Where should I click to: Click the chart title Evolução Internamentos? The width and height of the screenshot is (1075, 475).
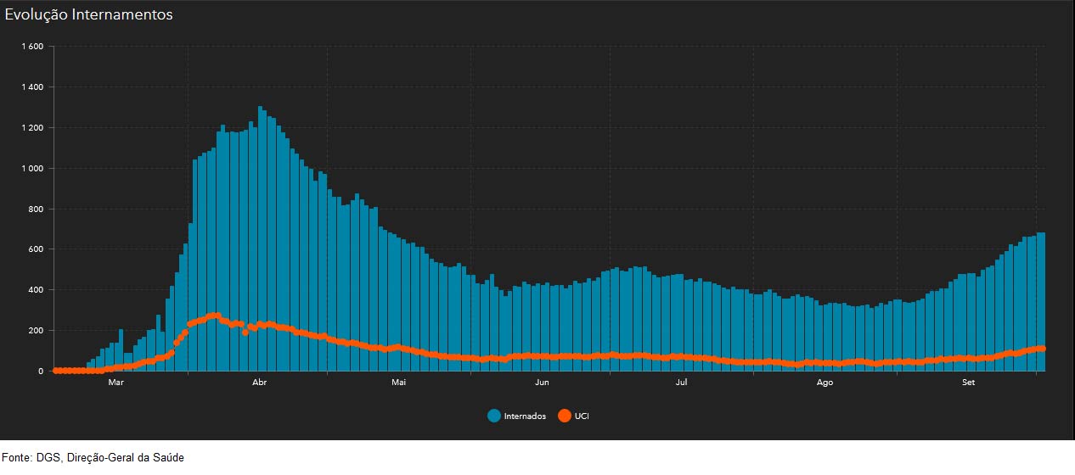89,15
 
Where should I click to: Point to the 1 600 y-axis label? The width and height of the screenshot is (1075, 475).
32,47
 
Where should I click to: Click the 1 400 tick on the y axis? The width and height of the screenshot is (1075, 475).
32,87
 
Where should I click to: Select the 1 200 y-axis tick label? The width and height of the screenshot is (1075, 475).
32,128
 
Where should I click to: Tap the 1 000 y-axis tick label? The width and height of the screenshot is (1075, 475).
32,169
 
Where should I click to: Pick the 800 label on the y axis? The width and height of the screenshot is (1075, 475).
36,209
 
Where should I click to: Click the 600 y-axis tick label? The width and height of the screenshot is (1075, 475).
36,249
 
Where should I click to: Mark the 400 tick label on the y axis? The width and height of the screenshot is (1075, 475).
36,290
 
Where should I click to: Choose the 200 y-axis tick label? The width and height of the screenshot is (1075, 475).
36,331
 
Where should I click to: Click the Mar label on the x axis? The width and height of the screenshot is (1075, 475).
116,383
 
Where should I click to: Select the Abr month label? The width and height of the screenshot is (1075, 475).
260,383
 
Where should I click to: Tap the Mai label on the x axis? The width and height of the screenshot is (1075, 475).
399,383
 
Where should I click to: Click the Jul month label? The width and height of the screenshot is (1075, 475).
681,383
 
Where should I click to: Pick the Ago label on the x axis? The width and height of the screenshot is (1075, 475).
825,383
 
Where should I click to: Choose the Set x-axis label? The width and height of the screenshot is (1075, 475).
968,383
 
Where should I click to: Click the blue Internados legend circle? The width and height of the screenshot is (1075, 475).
494,416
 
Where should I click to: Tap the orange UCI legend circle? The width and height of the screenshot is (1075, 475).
564,416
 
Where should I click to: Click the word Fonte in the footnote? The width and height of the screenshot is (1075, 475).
17,458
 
